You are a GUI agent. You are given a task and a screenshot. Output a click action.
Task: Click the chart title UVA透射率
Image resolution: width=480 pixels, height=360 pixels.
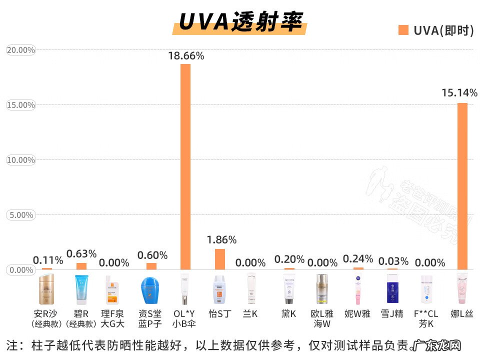(x=240, y=21)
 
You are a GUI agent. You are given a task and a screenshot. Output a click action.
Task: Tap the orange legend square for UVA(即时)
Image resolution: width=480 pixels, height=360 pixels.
(x=403, y=30)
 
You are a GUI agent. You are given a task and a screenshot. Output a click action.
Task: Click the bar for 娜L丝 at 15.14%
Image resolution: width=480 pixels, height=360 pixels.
(x=462, y=186)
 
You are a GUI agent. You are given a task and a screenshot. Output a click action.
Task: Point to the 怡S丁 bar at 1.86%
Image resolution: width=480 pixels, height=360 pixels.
(x=220, y=259)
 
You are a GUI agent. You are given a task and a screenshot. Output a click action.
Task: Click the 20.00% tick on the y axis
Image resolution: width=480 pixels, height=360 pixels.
(x=20, y=50)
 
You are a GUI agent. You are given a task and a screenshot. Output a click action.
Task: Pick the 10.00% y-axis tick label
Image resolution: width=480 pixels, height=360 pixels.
(x=20, y=160)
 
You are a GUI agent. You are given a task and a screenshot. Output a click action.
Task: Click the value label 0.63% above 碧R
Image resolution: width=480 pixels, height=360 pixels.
(x=81, y=254)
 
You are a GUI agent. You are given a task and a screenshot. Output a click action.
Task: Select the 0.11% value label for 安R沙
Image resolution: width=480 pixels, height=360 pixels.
(x=48, y=260)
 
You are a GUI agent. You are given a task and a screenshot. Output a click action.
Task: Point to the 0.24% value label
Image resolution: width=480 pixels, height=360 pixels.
(x=358, y=259)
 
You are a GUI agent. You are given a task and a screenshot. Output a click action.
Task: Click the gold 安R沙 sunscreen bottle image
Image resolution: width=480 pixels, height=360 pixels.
(x=46, y=289)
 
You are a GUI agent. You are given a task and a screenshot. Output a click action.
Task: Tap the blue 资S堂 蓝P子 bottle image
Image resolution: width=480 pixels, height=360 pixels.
(x=149, y=290)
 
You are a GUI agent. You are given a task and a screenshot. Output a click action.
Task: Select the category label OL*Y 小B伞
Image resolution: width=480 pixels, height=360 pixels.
(x=184, y=318)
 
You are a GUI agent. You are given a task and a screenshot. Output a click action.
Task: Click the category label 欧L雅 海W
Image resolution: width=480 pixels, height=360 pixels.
(x=322, y=318)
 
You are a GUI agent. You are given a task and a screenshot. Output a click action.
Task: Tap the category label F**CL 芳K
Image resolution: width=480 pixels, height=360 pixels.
(x=426, y=318)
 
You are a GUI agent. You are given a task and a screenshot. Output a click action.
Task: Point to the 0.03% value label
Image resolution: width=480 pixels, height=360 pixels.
(x=393, y=261)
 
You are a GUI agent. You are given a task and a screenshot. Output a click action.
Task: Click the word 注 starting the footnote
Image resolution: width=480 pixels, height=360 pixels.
(x=11, y=345)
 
